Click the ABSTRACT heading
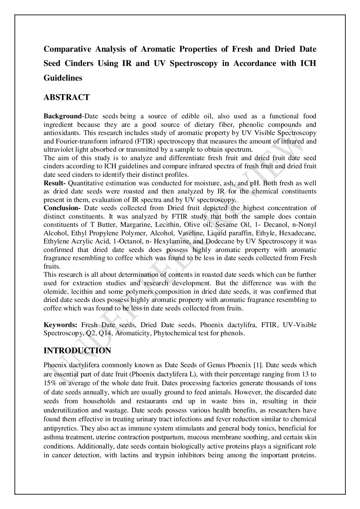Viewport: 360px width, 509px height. pyautogui.click(x=67, y=98)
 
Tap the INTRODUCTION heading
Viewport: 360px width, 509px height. pyautogui.click(x=77, y=351)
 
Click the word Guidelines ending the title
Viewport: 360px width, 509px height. pyautogui.click(x=63, y=78)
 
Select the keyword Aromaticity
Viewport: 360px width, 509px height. pyautogui.click(x=133, y=333)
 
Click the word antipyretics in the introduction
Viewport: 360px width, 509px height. pyautogui.click(x=58, y=427)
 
